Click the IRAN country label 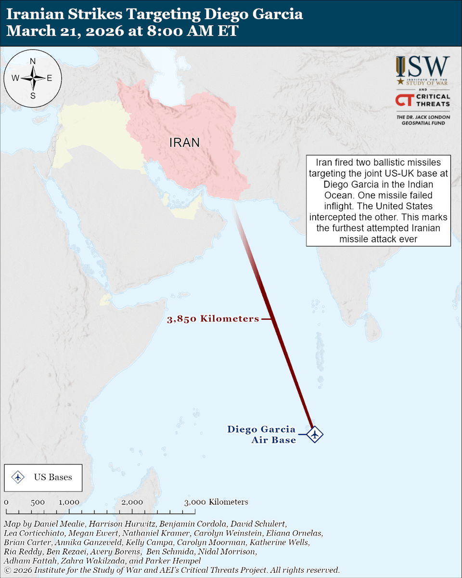(184, 143)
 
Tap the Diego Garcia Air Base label (262, 434)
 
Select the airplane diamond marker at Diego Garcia (315, 434)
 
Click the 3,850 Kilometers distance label (213, 319)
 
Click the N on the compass (33, 62)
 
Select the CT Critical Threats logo (423, 100)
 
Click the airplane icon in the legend (18, 477)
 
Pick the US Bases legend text (53, 477)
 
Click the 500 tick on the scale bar (38, 502)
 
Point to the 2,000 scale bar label (132, 502)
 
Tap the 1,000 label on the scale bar (69, 502)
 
